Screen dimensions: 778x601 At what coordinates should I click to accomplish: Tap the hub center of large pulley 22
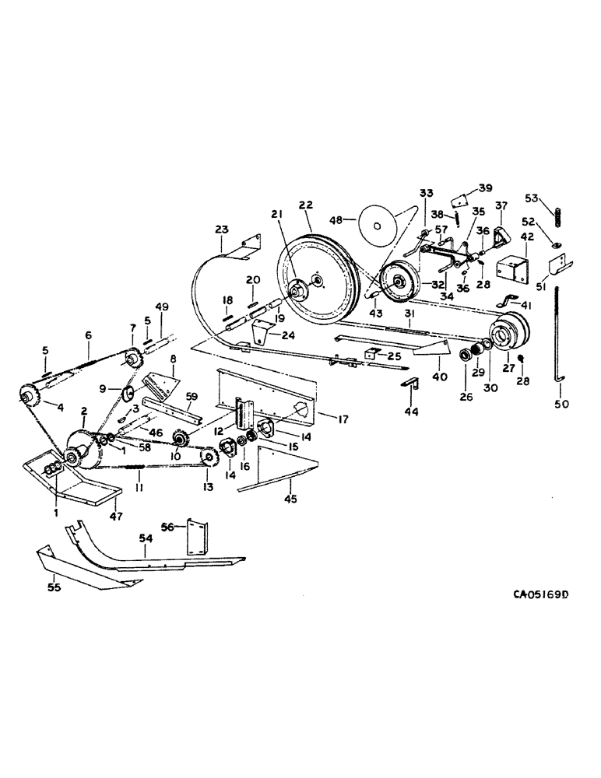click(x=300, y=290)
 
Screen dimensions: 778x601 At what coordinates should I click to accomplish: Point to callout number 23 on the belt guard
click(x=221, y=230)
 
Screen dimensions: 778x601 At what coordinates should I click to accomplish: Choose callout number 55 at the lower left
click(x=52, y=588)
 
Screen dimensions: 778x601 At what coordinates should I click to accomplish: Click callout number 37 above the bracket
click(x=501, y=205)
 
